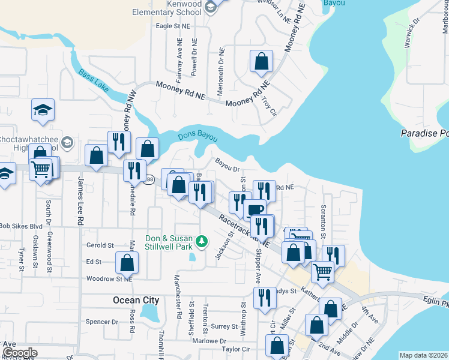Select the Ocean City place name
click(136, 300)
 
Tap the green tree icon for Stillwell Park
click(202, 242)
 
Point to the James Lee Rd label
click(80, 205)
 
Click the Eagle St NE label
click(173, 26)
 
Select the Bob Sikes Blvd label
click(21, 226)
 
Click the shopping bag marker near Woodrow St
click(127, 262)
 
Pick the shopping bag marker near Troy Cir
click(261, 61)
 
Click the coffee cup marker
click(254, 209)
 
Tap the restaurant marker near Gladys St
click(265, 297)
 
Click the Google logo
click(19, 352)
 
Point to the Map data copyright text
click(423, 355)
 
